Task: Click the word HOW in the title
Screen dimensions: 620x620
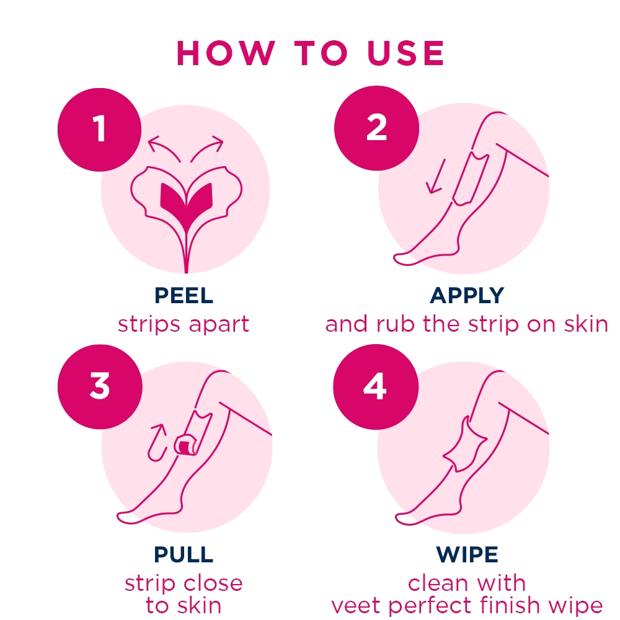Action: coord(226,53)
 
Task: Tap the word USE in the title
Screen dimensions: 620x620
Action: coord(405,53)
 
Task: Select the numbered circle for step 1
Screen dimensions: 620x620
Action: coord(100,130)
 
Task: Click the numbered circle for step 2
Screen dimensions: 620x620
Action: coord(376,128)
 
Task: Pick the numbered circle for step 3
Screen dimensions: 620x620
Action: coord(100,386)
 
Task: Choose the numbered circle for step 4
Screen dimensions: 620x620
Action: coord(376,387)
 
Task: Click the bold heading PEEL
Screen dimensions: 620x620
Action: coord(184,295)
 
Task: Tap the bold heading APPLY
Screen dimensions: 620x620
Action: coord(467,295)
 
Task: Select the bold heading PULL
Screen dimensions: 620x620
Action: coord(184,554)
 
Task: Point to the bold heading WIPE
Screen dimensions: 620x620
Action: coord(467,554)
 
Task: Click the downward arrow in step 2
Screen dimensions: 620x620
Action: coord(436,176)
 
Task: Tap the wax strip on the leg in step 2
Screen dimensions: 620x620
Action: coord(471,179)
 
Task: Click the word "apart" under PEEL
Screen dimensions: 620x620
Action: coord(219,325)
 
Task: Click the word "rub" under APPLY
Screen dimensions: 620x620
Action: coord(395,324)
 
